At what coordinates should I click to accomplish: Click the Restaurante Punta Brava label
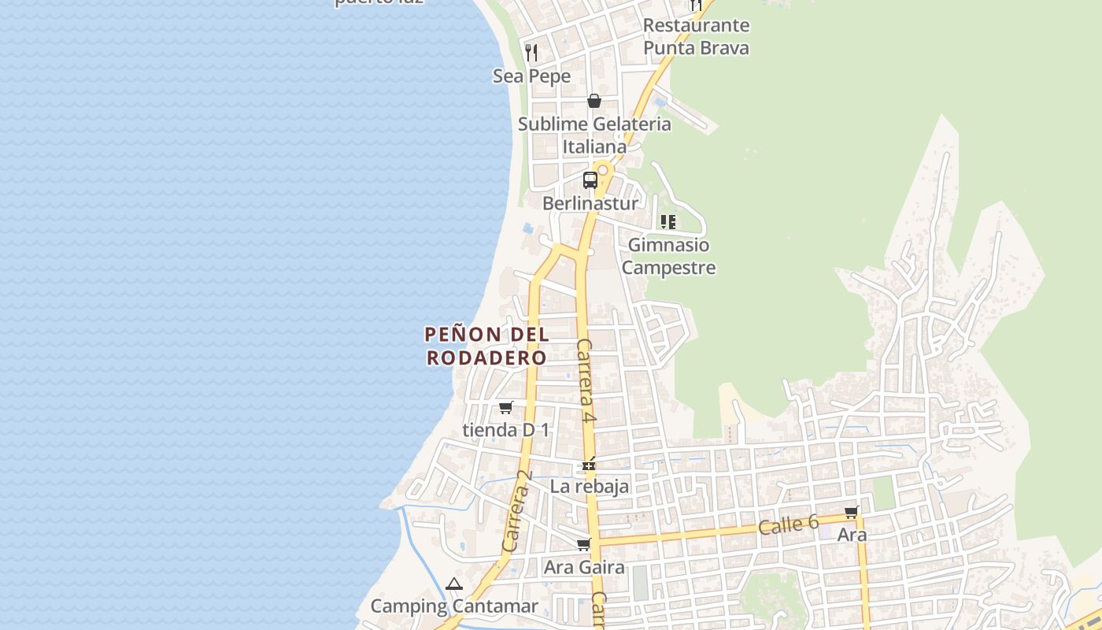point(696,36)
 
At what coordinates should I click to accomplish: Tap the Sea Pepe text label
point(531,76)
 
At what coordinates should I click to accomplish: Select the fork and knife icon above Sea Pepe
point(531,53)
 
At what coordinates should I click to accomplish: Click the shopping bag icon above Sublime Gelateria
point(594,101)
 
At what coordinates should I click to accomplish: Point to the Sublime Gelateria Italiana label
point(594,135)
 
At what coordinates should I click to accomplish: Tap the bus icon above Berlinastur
point(590,180)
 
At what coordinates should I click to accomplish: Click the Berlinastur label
point(590,203)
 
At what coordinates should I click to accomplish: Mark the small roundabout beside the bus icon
point(603,169)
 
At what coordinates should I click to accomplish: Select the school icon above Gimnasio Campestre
point(667,222)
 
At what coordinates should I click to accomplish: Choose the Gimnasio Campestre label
point(668,256)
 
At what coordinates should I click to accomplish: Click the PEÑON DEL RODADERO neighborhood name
point(486,346)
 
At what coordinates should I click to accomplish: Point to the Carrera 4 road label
point(585,381)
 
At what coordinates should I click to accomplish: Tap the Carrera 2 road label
point(517,511)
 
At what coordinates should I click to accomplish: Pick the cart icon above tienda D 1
point(505,408)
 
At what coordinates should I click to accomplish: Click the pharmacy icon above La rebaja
point(588,464)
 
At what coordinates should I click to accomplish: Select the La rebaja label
point(590,486)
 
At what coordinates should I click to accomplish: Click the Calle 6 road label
point(789,524)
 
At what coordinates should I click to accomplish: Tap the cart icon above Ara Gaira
point(583,545)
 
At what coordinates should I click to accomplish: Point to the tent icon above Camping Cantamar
point(453,584)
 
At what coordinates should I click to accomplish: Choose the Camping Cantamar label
point(454,606)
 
